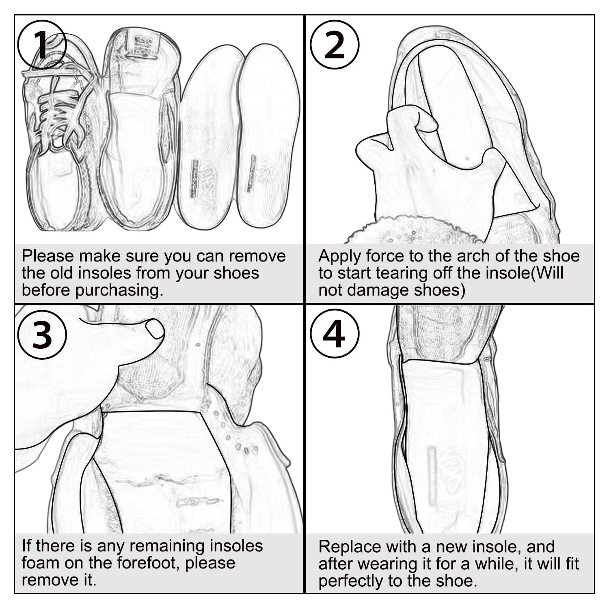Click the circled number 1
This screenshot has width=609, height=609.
point(42,44)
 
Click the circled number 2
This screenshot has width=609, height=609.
point(335,44)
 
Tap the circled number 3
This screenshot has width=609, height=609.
point(42,334)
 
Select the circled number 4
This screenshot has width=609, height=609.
point(335,334)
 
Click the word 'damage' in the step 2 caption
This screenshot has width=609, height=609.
point(381,291)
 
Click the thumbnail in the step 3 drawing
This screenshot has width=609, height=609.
point(155,328)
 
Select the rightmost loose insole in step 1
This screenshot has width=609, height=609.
point(268,136)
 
